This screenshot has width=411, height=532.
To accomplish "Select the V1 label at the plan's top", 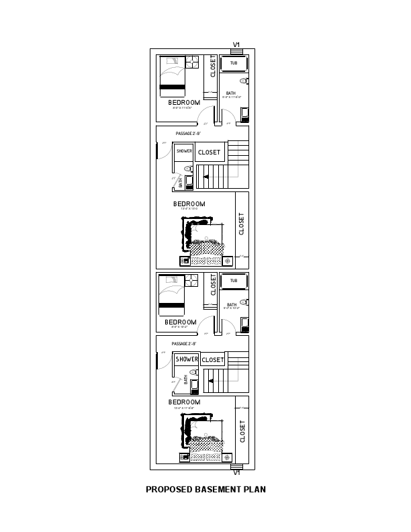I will (x=236, y=45).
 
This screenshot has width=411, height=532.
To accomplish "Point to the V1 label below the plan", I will (x=236, y=472).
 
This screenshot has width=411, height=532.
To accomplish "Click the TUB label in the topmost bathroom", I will (x=234, y=63).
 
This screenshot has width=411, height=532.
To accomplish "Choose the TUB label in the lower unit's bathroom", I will (x=234, y=281).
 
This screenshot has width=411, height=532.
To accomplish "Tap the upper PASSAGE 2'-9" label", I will (x=188, y=134).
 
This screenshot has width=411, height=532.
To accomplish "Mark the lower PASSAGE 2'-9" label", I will (x=184, y=343).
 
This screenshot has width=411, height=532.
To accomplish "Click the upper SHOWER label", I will (x=185, y=152).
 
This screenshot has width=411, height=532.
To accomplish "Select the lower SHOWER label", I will (x=187, y=359).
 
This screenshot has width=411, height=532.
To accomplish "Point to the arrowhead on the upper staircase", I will (x=205, y=177).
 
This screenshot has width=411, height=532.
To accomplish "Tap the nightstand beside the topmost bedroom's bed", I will (x=193, y=61).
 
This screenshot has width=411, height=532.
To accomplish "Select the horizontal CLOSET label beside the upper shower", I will (x=209, y=152).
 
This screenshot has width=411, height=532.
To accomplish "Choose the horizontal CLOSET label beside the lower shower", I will (x=213, y=360).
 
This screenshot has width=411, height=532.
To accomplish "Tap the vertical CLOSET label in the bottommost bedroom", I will (x=242, y=431).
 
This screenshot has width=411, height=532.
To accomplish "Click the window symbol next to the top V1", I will (x=236, y=52).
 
